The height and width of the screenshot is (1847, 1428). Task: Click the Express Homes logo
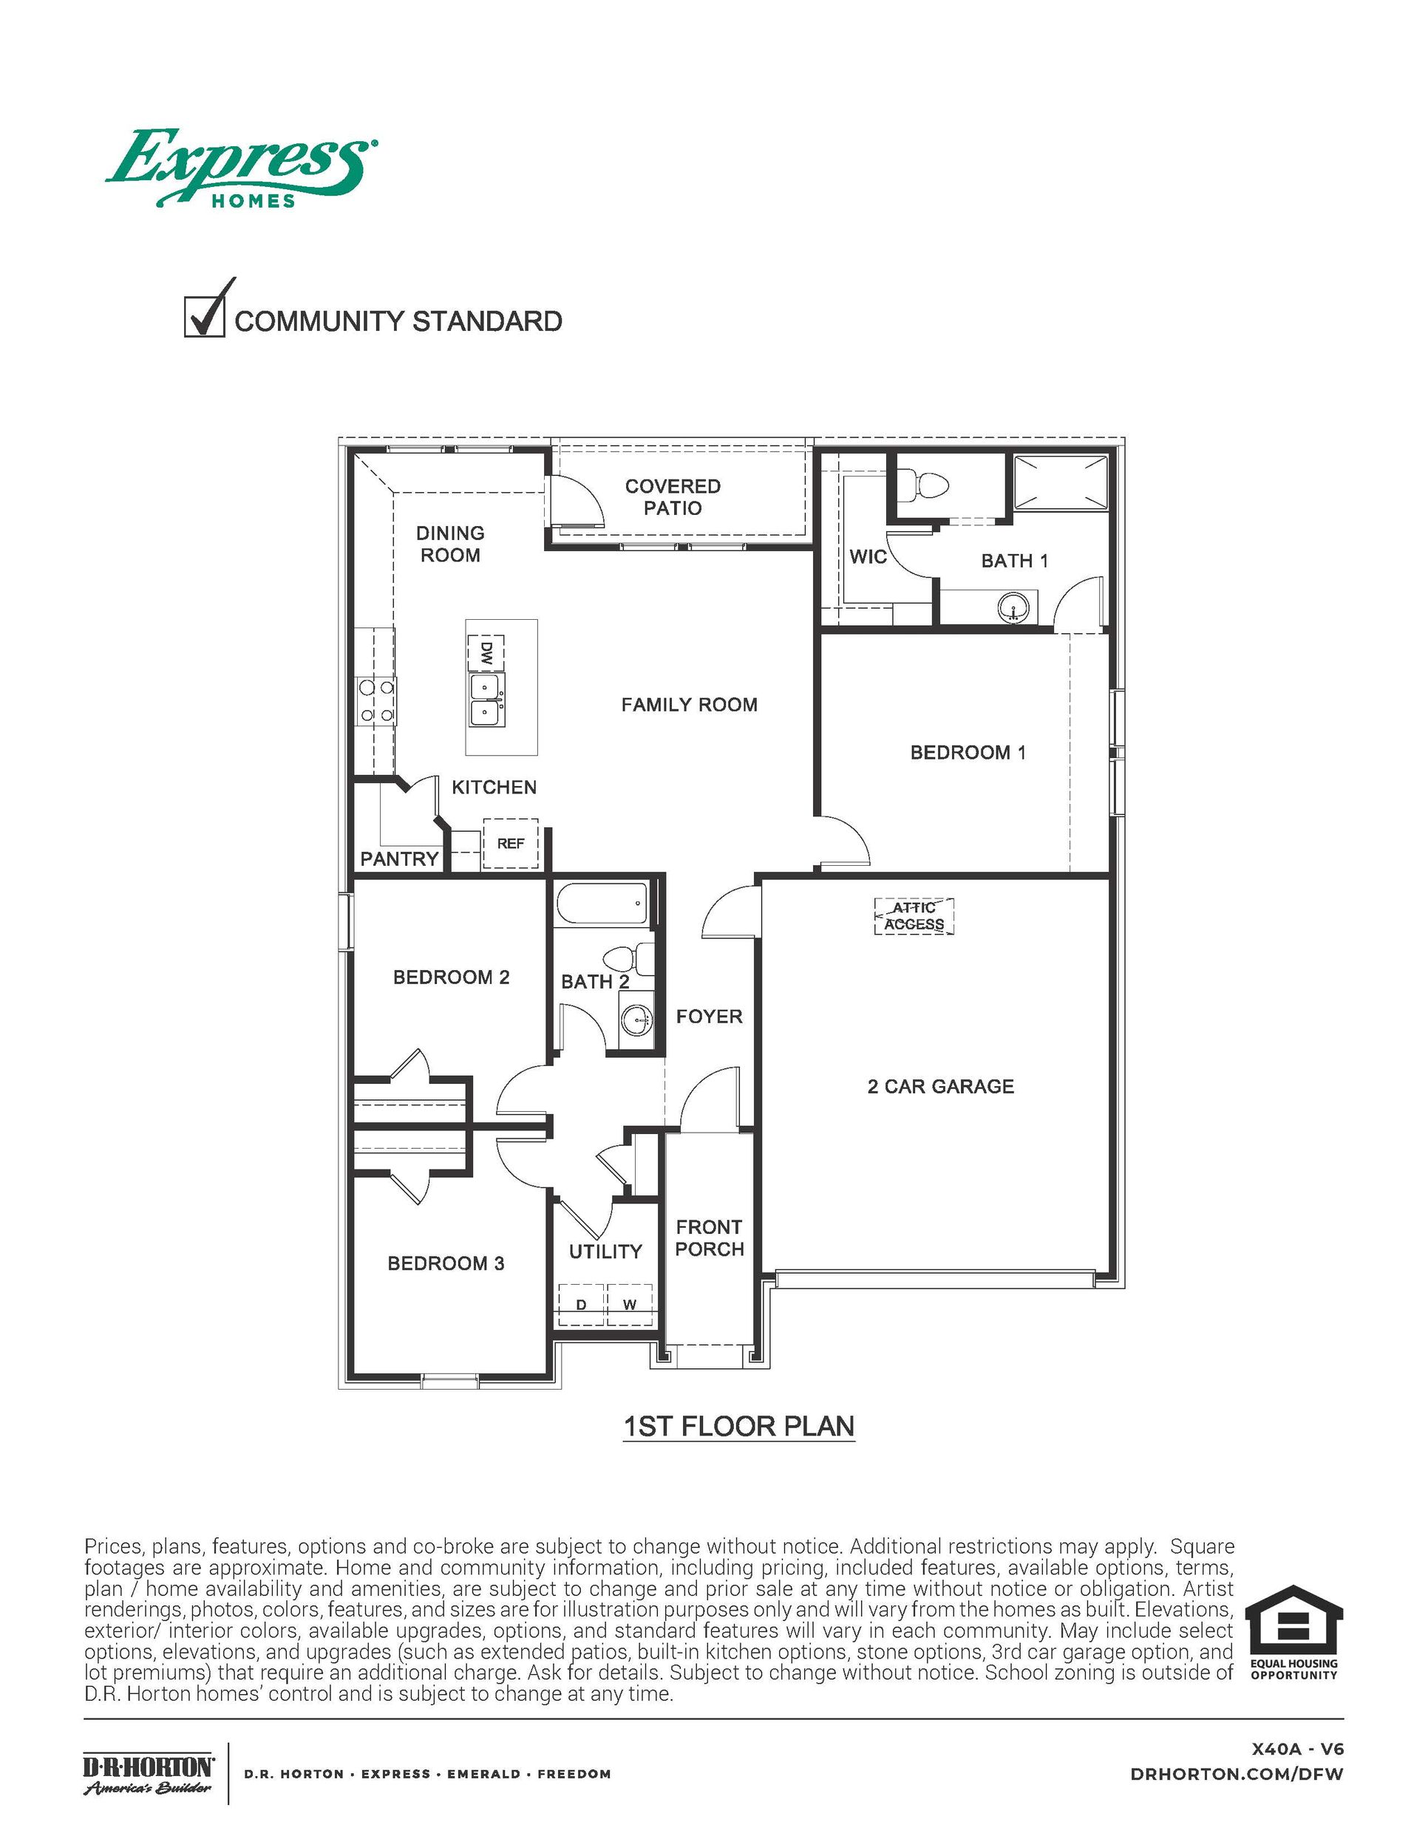pyautogui.click(x=241, y=168)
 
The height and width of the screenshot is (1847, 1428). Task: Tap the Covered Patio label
pyautogui.click(x=673, y=497)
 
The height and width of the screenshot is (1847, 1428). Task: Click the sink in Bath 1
pyautogui.click(x=1014, y=608)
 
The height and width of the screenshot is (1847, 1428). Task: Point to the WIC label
pyautogui.click(x=867, y=556)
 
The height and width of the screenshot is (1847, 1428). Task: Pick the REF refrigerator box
pyautogui.click(x=510, y=843)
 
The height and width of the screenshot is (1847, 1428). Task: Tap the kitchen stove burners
pyautogui.click(x=377, y=701)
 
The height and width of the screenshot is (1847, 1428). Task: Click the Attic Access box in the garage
pyautogui.click(x=914, y=916)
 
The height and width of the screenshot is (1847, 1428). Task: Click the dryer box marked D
pyautogui.click(x=581, y=1305)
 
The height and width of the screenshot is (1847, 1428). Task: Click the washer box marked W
pyautogui.click(x=630, y=1305)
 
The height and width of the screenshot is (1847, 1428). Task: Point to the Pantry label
pyautogui.click(x=399, y=859)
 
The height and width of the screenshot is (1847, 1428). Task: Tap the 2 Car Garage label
pyautogui.click(x=940, y=1087)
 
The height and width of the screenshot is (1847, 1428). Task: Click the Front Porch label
pyautogui.click(x=709, y=1238)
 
